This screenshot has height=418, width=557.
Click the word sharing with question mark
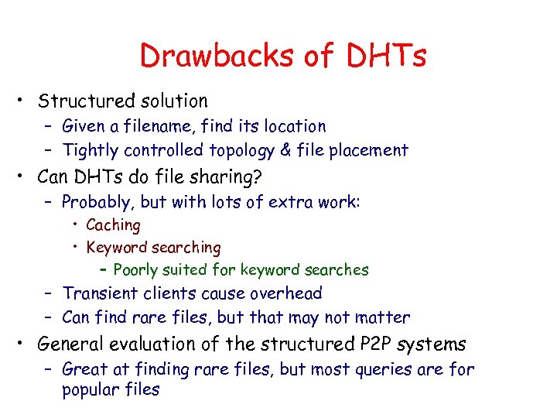coord(229,177)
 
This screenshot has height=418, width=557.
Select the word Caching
coord(113,225)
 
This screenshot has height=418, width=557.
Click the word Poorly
coord(136,270)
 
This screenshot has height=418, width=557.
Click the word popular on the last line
coord(89,389)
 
